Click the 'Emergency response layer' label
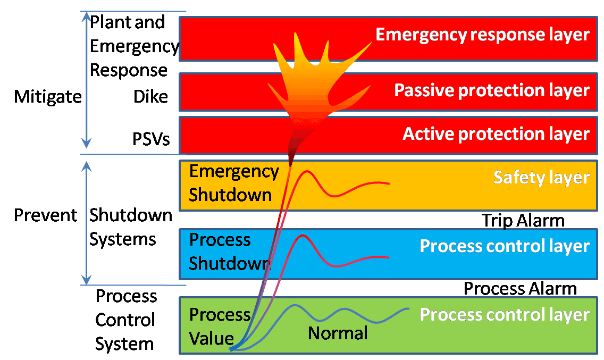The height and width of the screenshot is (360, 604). (482, 35)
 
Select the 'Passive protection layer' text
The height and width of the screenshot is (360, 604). (491, 90)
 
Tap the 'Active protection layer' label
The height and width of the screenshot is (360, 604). (496, 133)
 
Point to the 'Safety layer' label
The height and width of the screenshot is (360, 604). (541, 177)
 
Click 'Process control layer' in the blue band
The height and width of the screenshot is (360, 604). (504, 246)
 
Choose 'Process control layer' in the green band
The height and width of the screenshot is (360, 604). (504, 314)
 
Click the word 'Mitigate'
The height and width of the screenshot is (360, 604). (48, 97)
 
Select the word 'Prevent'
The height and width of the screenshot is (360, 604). (46, 215)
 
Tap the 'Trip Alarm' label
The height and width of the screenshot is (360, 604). (523, 220)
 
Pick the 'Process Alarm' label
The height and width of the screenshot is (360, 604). (519, 289)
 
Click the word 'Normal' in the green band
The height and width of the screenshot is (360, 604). (338, 333)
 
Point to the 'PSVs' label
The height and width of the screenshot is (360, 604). (151, 139)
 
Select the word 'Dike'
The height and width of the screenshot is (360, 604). (150, 97)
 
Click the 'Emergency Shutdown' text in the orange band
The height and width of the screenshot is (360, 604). (233, 183)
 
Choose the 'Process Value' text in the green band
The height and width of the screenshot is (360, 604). (219, 326)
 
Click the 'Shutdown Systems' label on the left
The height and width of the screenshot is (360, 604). (130, 227)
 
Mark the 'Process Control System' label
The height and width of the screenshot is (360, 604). (125, 320)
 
